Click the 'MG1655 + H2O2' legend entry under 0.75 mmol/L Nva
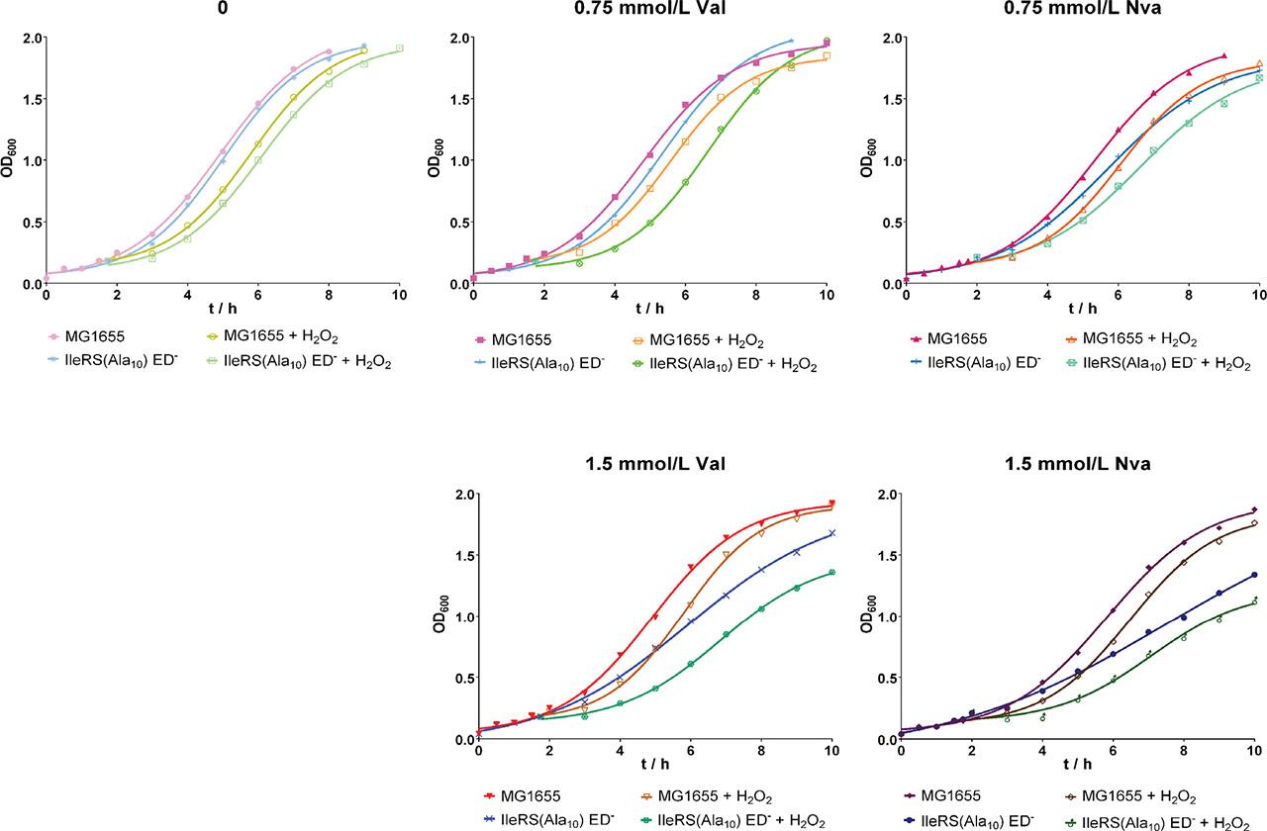coord(1136,338)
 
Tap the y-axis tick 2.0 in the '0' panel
coord(28,39)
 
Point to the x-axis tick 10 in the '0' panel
coord(399,297)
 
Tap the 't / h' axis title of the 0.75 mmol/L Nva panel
coord(1079,315)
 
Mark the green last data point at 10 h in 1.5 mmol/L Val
coord(831,573)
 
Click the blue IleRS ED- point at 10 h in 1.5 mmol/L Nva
coord(1254,575)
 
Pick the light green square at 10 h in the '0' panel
coord(399,47)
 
